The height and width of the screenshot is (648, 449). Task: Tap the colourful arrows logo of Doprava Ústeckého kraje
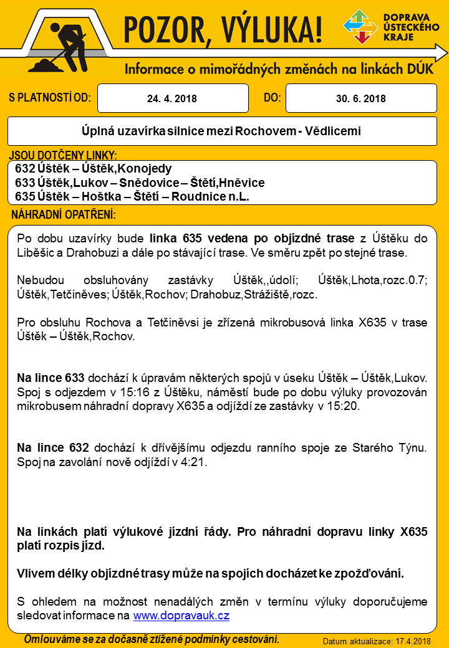(360, 27)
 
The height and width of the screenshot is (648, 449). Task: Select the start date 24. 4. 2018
(172, 98)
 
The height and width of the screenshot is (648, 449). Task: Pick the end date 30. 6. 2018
(360, 98)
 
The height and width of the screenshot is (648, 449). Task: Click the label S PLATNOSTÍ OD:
(50, 98)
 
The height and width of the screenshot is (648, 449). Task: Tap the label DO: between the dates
(273, 98)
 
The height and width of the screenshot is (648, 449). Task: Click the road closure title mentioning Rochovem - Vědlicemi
(221, 131)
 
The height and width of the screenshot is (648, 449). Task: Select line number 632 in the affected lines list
(25, 169)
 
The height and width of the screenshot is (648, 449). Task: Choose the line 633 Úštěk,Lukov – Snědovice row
(140, 183)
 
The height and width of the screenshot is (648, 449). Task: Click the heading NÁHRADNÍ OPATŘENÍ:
(64, 215)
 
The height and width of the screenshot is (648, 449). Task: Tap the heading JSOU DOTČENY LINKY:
(64, 155)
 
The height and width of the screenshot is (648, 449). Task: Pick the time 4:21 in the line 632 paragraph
(195, 462)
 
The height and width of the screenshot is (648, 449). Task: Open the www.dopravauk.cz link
(181, 616)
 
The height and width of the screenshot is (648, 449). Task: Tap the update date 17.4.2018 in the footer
(410, 641)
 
